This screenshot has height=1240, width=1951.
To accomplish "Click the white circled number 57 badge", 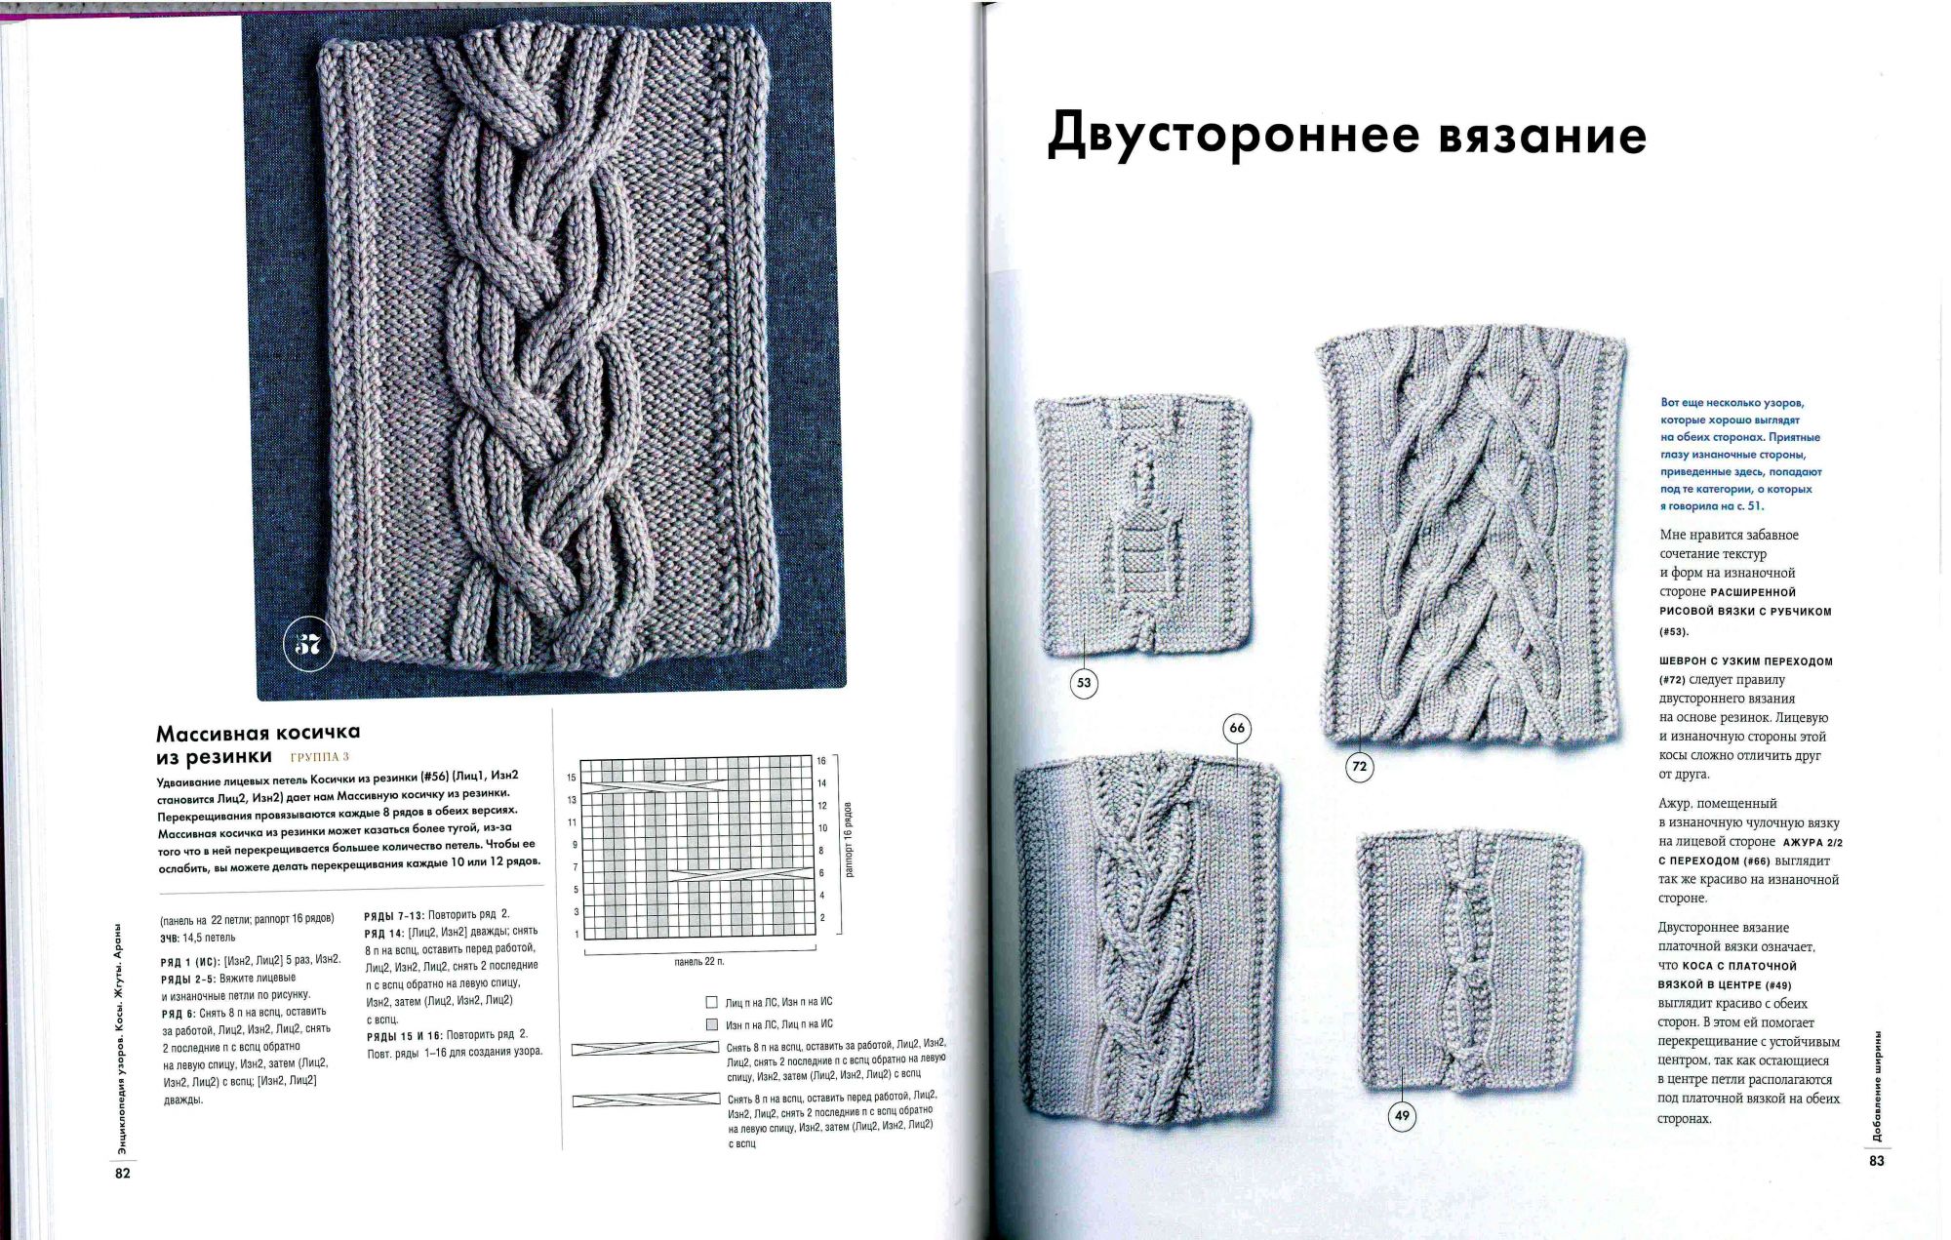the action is pyautogui.click(x=308, y=645).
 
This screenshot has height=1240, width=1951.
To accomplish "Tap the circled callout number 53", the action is pyautogui.click(x=1084, y=683).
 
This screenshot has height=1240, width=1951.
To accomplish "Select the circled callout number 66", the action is pyautogui.click(x=1237, y=728).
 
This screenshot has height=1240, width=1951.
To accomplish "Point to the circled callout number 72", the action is pyautogui.click(x=1359, y=767).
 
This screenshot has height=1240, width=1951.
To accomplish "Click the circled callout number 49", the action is pyautogui.click(x=1402, y=1116).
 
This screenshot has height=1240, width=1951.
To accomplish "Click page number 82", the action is pyautogui.click(x=122, y=1174).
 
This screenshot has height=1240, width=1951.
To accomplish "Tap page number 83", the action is pyautogui.click(x=1876, y=1161).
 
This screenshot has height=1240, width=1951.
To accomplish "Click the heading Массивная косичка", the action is pyautogui.click(x=259, y=732).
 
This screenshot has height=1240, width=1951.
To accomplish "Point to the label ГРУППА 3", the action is pyautogui.click(x=319, y=757).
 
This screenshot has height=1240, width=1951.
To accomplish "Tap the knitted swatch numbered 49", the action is pyautogui.click(x=1468, y=960).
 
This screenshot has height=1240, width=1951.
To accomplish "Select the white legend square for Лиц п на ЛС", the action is pyautogui.click(x=711, y=1002).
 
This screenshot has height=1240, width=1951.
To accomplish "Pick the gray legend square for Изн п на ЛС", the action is pyautogui.click(x=711, y=1024).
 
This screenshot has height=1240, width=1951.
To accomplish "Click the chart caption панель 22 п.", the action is pyautogui.click(x=699, y=962).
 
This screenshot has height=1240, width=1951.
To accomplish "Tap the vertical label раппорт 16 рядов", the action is pyautogui.click(x=849, y=840).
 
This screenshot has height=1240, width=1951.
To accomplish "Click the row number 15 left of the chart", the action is pyautogui.click(x=572, y=778).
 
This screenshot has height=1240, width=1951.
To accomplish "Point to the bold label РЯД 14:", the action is pyautogui.click(x=384, y=933).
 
